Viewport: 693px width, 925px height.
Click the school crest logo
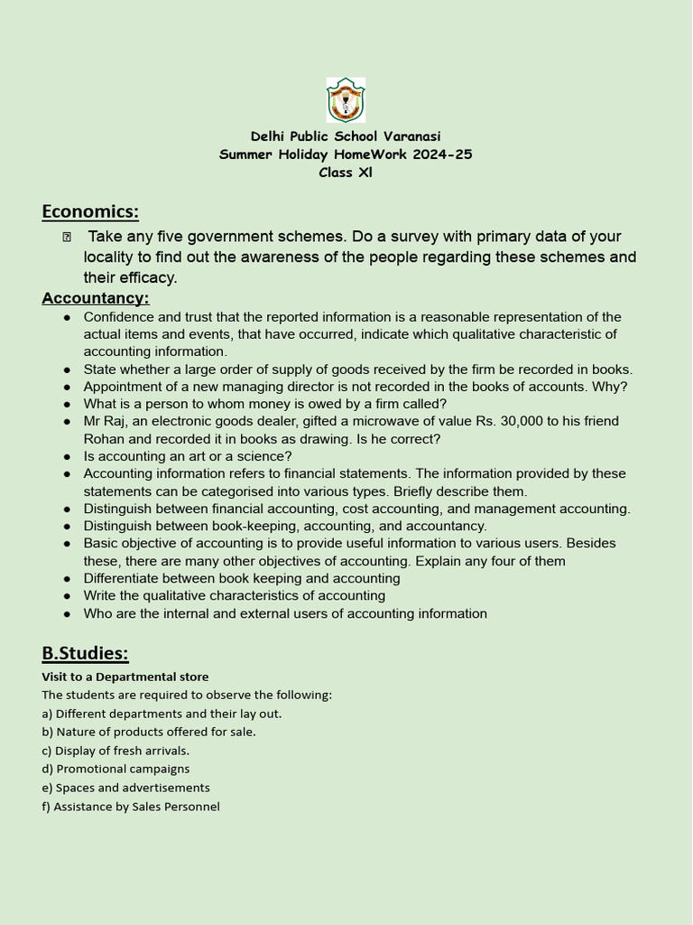click(346, 100)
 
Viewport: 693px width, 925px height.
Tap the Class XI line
click(346, 173)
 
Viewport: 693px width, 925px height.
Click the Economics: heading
click(90, 211)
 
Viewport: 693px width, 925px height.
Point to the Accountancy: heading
click(96, 298)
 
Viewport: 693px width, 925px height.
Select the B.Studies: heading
click(85, 653)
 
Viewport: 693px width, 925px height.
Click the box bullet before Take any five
click(67, 238)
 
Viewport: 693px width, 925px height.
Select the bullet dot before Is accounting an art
click(68, 457)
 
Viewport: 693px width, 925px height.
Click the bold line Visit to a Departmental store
click(125, 677)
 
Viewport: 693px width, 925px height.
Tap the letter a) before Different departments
click(47, 714)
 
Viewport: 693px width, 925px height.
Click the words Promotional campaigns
click(123, 769)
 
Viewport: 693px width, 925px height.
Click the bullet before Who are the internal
click(68, 614)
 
